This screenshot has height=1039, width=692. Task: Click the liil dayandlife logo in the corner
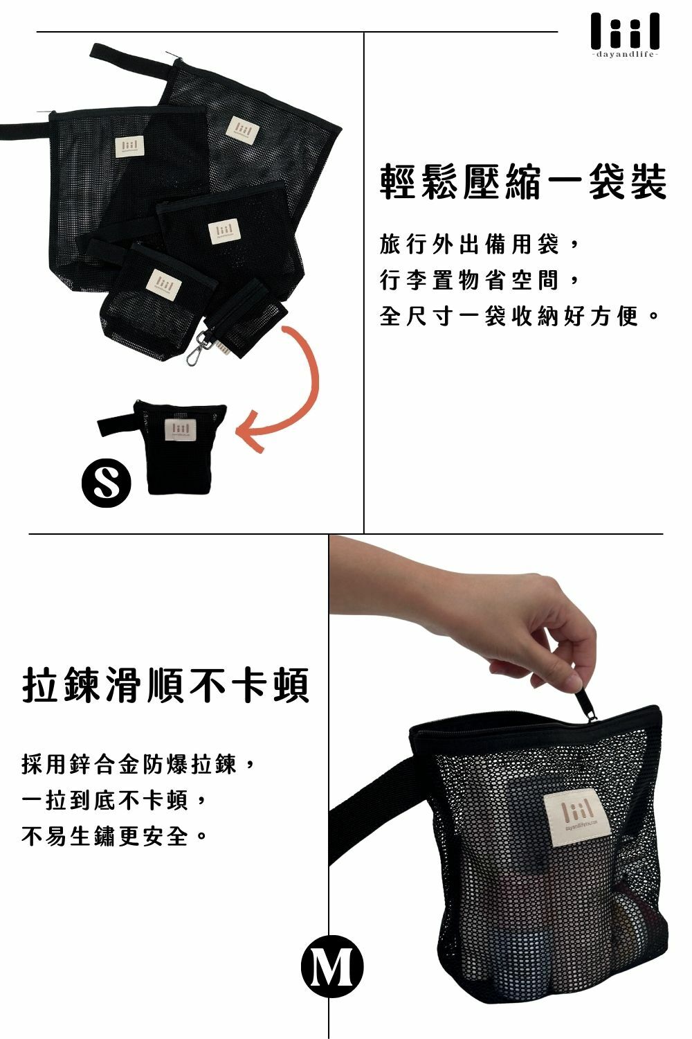tap(625, 35)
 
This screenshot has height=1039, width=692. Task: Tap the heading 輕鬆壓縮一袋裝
tap(523, 182)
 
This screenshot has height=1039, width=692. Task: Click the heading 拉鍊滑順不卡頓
tap(165, 684)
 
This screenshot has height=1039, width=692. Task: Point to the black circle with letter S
tap(106, 482)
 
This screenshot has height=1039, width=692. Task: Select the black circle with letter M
tap(332, 967)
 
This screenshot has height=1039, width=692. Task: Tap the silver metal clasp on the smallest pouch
tap(198, 351)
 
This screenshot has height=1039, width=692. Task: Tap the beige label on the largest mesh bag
tap(242, 127)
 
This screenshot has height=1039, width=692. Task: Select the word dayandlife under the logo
tap(625, 55)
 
